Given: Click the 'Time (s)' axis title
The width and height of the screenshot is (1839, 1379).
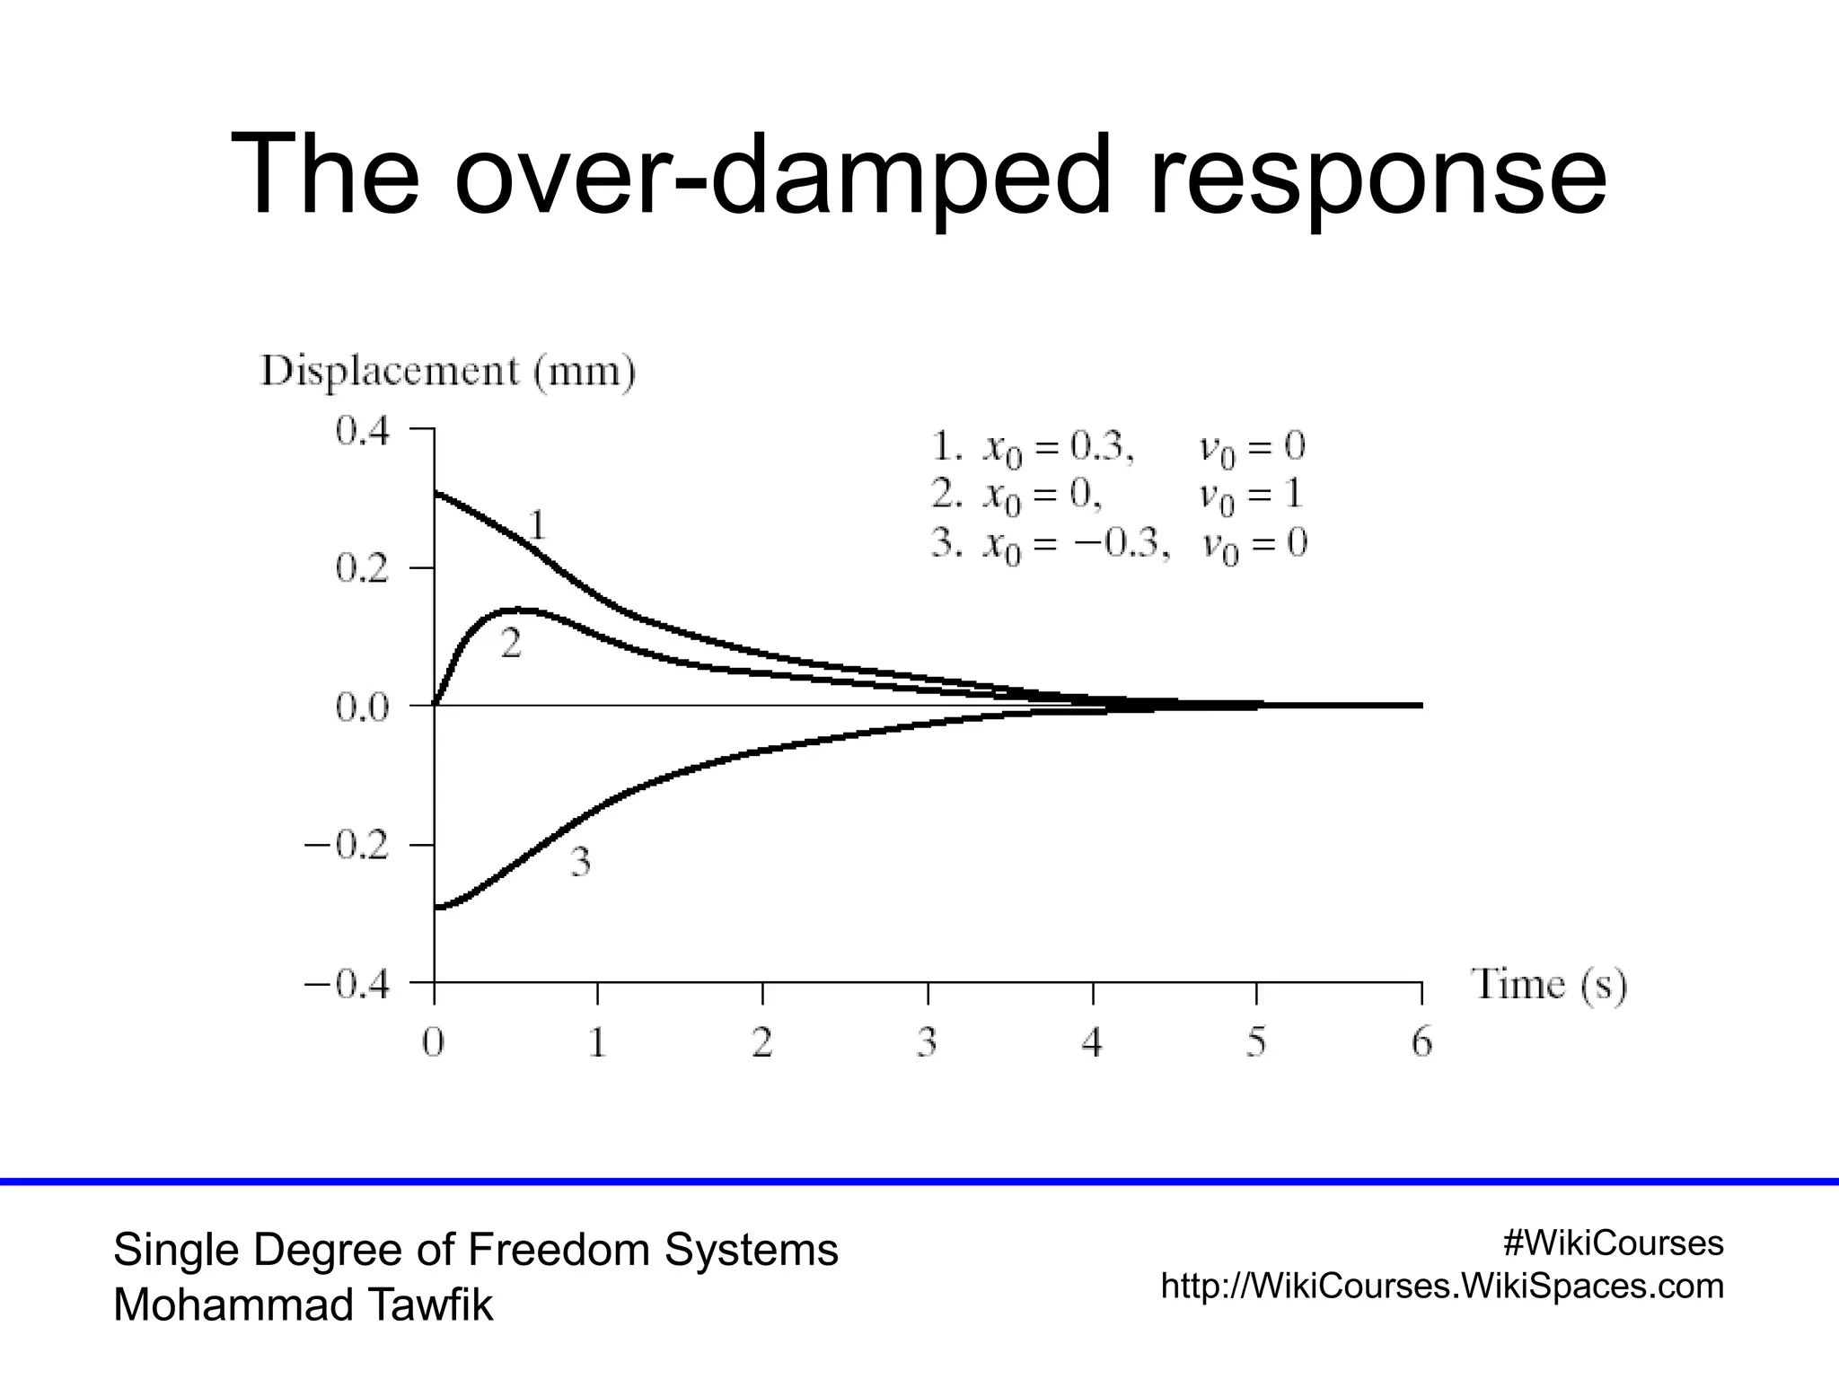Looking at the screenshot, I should tap(1548, 986).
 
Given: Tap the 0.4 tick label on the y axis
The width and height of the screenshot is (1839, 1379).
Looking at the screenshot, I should tap(363, 431).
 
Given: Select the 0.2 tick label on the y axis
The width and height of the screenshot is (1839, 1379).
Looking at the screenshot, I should tap(363, 569).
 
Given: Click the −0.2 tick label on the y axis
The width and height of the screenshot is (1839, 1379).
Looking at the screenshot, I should tap(347, 846).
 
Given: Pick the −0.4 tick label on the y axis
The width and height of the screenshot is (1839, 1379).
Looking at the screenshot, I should tap(347, 985).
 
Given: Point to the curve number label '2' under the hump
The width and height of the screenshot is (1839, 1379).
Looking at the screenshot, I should tap(510, 644).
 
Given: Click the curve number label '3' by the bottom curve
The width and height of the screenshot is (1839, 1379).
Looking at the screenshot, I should tap(581, 863).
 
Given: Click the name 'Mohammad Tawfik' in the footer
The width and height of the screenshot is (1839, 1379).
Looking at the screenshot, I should tap(303, 1305).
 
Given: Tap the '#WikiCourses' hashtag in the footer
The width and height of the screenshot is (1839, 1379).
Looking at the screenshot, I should tap(1613, 1243).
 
